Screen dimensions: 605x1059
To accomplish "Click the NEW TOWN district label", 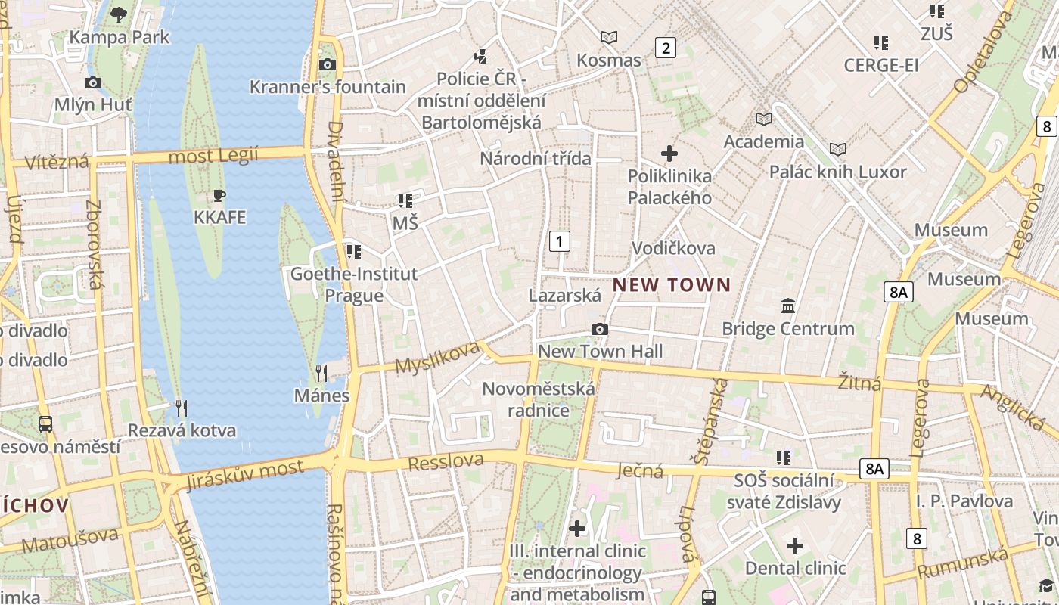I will click(x=672, y=285).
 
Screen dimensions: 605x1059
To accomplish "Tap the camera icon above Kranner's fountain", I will click(x=328, y=64).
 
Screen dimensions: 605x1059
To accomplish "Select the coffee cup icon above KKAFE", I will click(x=219, y=196).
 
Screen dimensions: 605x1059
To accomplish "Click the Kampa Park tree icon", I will click(x=119, y=14).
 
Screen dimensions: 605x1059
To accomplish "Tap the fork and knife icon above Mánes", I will click(x=321, y=373).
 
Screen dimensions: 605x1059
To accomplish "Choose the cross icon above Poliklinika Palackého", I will click(x=669, y=154).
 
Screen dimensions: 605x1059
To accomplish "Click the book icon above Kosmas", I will click(x=608, y=37).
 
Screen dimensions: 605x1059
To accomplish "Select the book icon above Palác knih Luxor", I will click(x=837, y=149).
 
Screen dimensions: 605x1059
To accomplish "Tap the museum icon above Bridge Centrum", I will click(x=788, y=306).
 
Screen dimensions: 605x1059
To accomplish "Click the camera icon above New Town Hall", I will click(x=600, y=330).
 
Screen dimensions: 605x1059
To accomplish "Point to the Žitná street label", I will click(x=860, y=383).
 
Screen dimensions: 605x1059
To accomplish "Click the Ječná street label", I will click(x=640, y=471).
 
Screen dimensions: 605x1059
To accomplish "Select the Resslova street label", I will click(x=446, y=461).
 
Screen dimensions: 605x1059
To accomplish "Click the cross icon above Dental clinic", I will click(x=795, y=546).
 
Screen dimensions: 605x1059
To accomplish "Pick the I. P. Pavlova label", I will click(x=964, y=501).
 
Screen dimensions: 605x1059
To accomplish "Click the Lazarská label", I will click(x=565, y=296).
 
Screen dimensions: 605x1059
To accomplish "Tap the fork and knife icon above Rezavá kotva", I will click(x=181, y=408).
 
